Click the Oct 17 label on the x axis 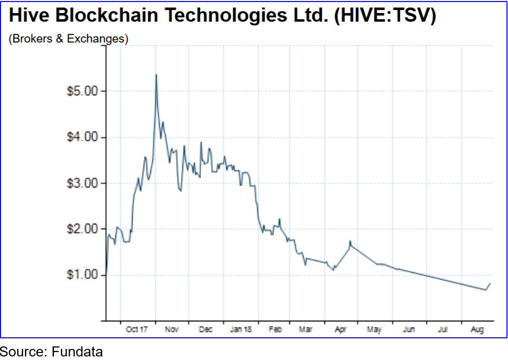click(x=137, y=330)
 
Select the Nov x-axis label click(x=172, y=330)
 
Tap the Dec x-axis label click(x=206, y=330)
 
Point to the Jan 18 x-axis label click(x=240, y=330)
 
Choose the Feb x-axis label click(x=275, y=330)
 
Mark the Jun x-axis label click(x=409, y=330)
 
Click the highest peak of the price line click(x=156, y=75)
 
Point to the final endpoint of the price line click(x=490, y=283)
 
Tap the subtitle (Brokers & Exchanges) click(x=68, y=39)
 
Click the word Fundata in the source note click(x=77, y=351)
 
